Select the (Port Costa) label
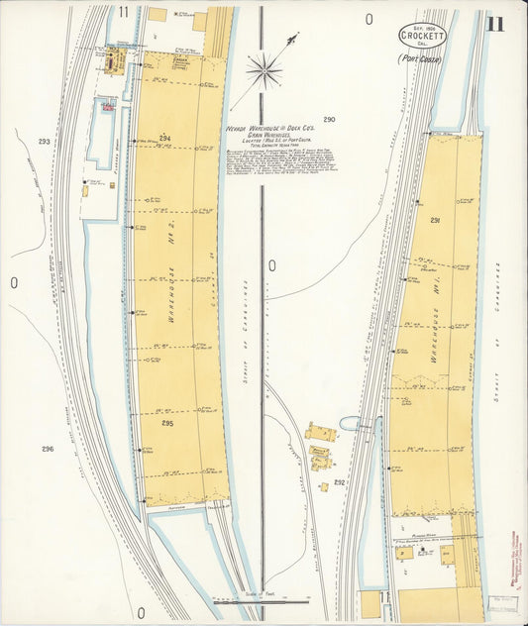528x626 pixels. tap(419, 58)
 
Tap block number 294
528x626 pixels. tap(164, 138)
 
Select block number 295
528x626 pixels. tap(167, 423)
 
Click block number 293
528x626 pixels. tap(44, 142)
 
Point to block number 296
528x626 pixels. tap(47, 449)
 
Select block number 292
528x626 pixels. tap(339, 482)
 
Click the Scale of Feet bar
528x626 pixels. tap(262, 600)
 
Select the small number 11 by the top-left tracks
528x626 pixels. tap(123, 12)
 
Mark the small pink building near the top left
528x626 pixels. tap(106, 103)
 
